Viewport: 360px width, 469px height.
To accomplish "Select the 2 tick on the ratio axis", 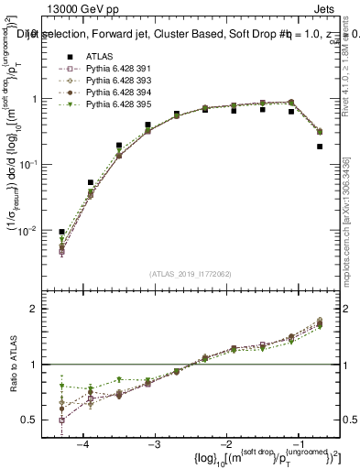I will pos(40,309).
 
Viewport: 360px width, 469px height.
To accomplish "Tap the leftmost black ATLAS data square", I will pos(61,232).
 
